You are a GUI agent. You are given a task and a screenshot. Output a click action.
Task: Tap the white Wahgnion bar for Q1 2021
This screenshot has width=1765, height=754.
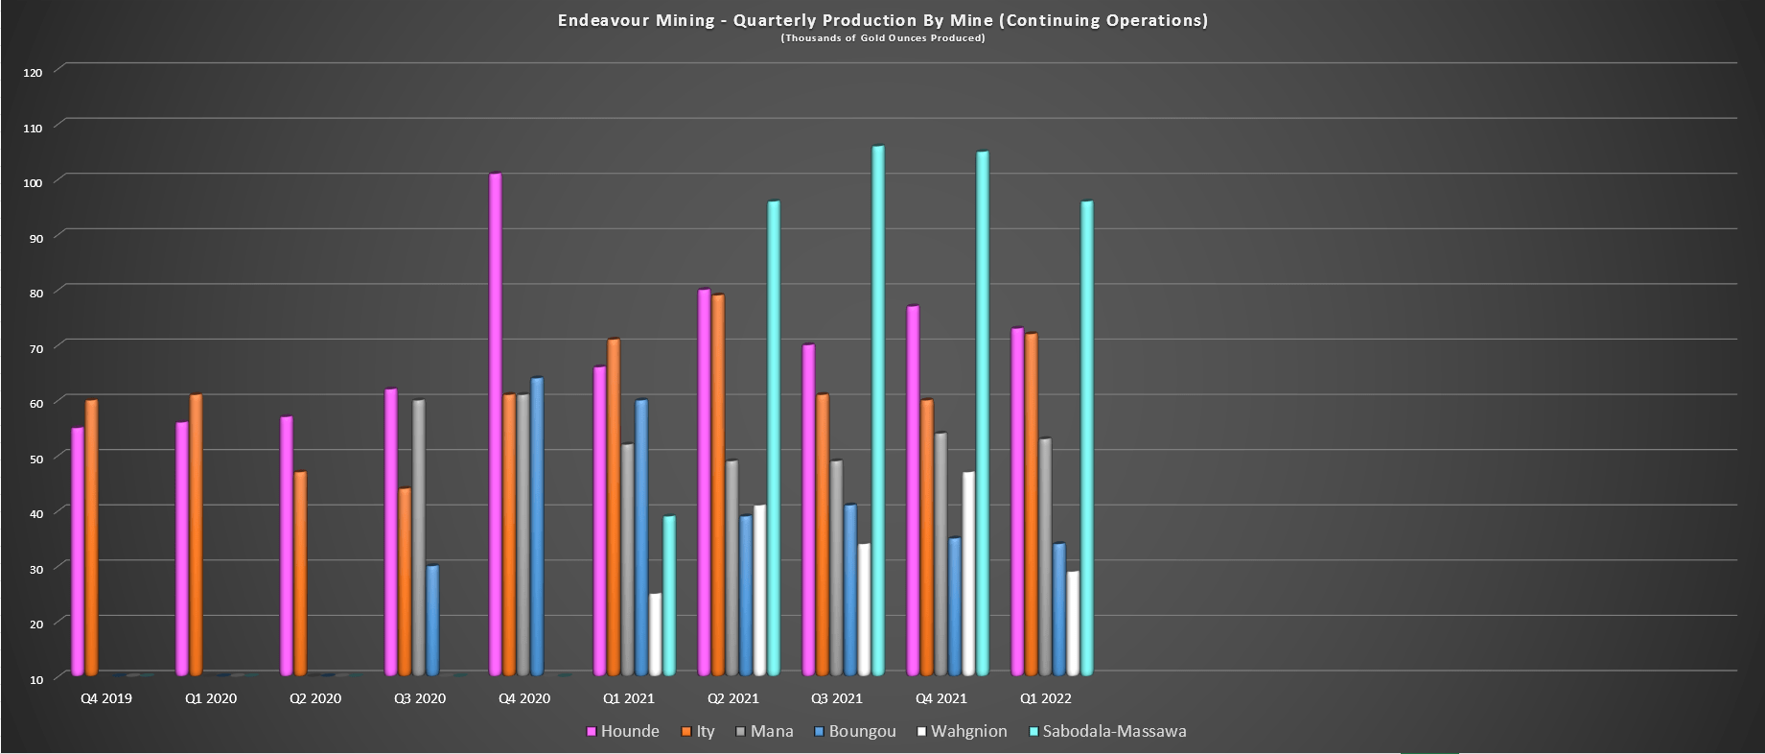(656, 634)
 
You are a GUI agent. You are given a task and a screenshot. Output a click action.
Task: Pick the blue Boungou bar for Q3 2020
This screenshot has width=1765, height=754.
(433, 620)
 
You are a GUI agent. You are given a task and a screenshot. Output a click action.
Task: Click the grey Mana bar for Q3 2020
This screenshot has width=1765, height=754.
(419, 537)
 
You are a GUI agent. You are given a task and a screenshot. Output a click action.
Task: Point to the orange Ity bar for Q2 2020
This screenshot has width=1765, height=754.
(300, 574)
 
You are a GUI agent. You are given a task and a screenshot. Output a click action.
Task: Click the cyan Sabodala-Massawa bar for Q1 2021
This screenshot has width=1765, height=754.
(669, 595)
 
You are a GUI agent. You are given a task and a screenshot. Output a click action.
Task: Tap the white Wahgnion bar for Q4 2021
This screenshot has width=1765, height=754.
(969, 573)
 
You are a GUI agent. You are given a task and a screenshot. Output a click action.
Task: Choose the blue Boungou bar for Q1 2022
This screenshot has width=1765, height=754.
(1059, 608)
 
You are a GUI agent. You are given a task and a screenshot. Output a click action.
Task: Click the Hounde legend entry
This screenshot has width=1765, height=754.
(622, 732)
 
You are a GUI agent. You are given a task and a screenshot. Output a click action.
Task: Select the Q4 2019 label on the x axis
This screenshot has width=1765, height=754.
(105, 699)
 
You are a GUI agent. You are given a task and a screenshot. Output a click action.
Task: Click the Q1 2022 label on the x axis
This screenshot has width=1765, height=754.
(1045, 699)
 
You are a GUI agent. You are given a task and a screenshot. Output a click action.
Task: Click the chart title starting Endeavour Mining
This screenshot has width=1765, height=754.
(882, 20)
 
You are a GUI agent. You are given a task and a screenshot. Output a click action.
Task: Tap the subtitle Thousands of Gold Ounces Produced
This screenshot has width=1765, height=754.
(882, 38)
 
